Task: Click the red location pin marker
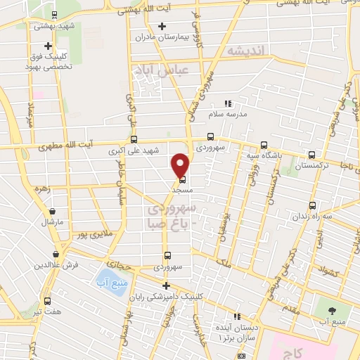(181, 165)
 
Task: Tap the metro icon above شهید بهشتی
(55, 14)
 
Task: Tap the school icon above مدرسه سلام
(226, 103)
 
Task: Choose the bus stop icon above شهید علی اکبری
(134, 140)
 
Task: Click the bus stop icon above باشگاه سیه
(264, 140)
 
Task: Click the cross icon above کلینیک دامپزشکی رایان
(166, 285)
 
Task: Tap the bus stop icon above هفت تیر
(48, 300)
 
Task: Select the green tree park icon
(325, 309)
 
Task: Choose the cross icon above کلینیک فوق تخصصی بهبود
(48, 46)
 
